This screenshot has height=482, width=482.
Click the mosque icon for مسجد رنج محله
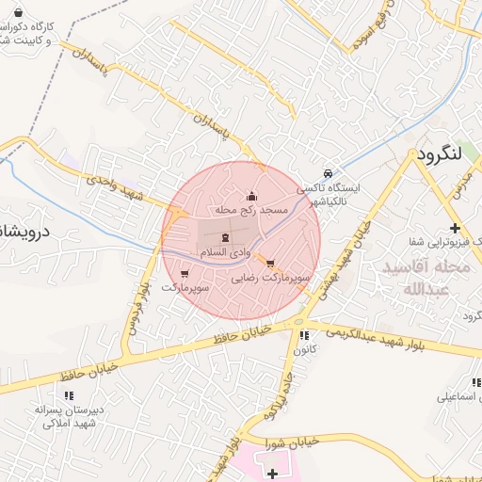point(251,196)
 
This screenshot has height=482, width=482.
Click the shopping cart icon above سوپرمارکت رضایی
point(271,263)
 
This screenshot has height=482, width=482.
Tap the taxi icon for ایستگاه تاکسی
point(327,174)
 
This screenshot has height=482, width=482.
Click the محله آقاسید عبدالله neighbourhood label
point(426,279)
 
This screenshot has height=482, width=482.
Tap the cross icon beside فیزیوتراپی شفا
point(455,229)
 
